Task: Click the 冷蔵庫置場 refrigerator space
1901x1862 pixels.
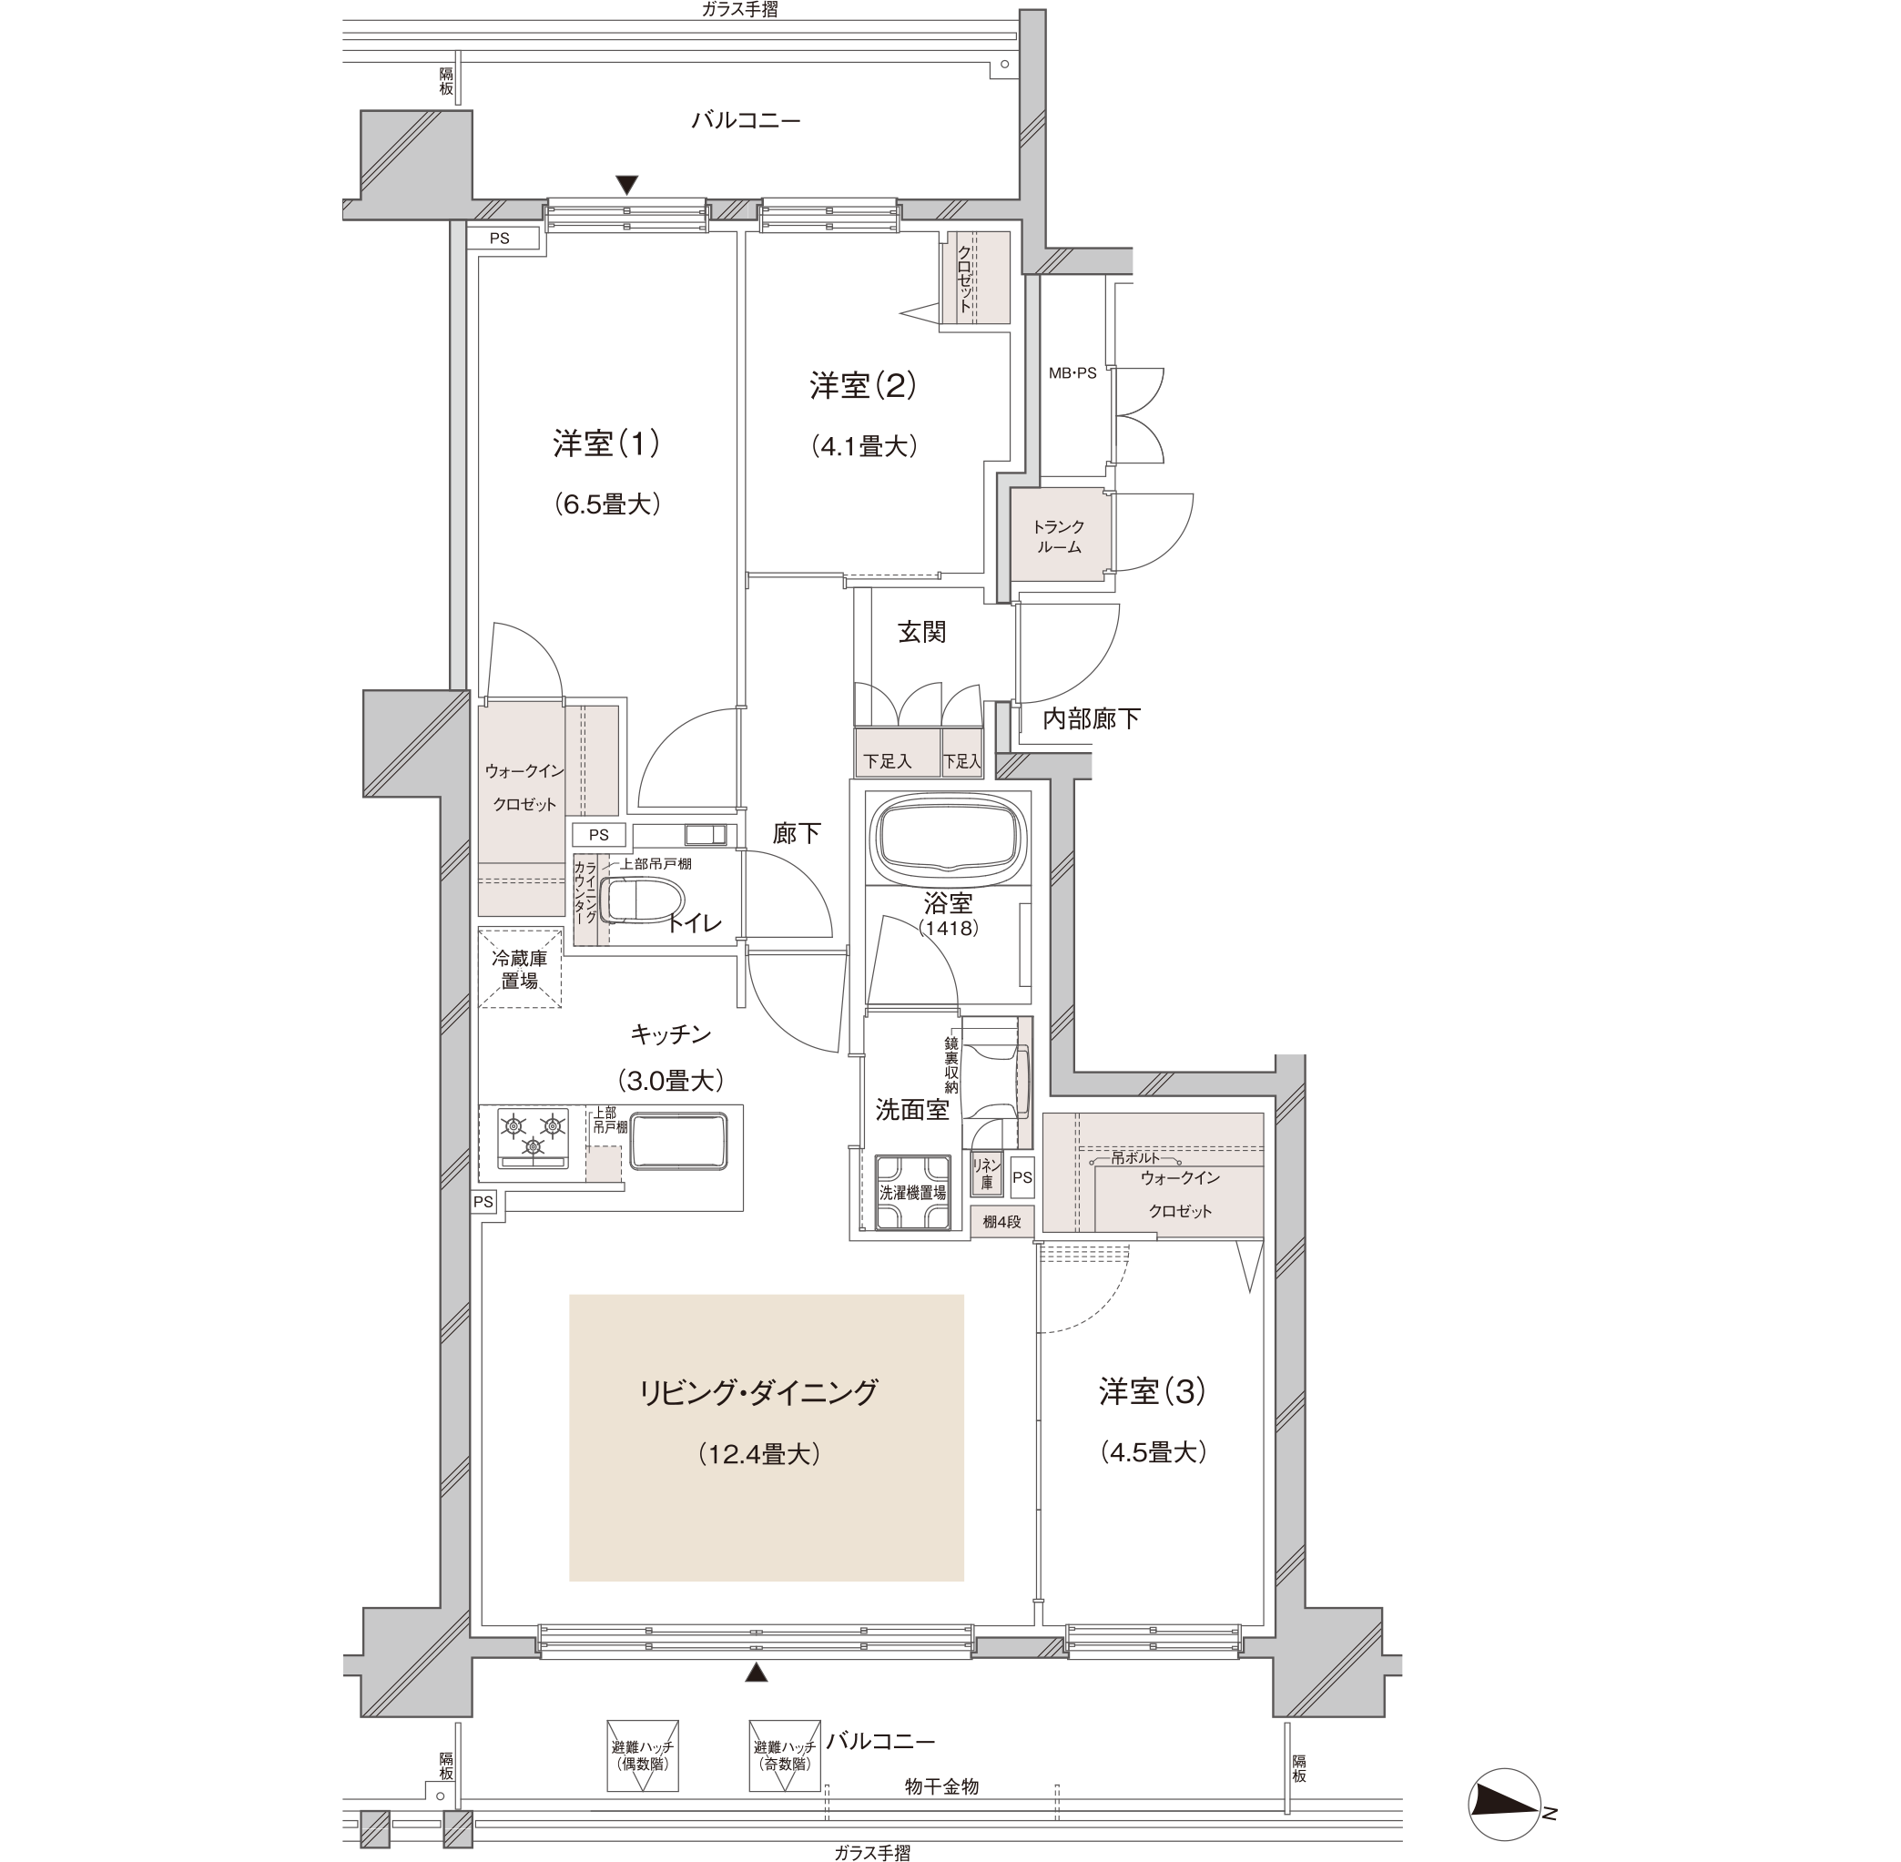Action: point(520,968)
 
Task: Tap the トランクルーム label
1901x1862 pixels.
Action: point(1059,537)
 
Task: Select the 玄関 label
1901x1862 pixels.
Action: point(921,632)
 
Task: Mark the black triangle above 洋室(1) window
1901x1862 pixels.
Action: point(626,185)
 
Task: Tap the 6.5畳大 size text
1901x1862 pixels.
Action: point(607,504)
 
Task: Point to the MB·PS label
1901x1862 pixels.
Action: point(1072,372)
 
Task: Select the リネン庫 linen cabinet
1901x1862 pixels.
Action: point(987,1174)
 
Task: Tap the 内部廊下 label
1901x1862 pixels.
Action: point(1092,718)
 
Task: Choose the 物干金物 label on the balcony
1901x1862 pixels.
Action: point(940,1786)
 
